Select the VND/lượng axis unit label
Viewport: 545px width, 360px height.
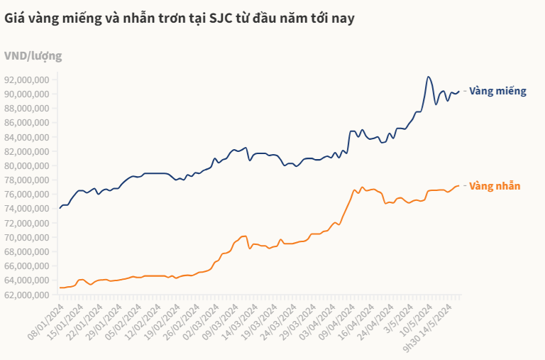33,55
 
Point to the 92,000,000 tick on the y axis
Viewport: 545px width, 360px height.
26,80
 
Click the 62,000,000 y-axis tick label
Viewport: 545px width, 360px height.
26,295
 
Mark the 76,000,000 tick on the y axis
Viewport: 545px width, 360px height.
26,195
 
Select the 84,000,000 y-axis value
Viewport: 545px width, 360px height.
26,137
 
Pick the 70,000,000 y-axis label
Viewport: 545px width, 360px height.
26,237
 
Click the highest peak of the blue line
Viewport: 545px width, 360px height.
428,77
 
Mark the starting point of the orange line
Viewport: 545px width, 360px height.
60,288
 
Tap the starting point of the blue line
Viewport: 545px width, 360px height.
60,208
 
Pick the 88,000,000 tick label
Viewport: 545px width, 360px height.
26,108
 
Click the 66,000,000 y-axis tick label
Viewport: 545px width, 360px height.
26,266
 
